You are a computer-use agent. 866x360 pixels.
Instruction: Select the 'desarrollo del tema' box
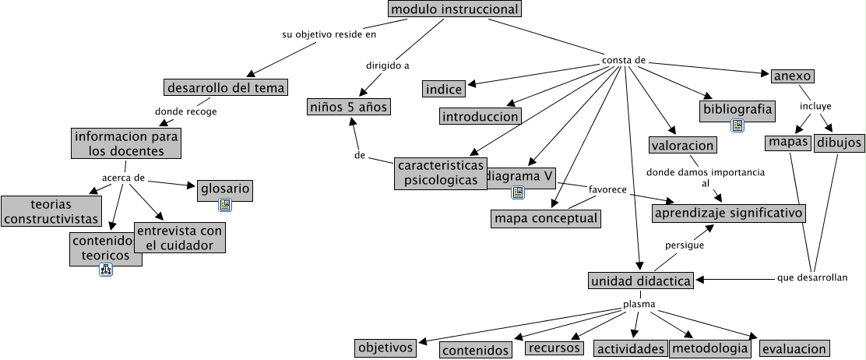[226, 86]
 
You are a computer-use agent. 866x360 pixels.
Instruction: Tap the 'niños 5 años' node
[347, 107]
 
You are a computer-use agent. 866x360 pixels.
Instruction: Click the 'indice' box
[444, 89]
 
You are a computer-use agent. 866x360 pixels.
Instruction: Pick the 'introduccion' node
[480, 117]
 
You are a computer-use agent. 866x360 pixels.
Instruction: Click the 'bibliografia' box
[738, 110]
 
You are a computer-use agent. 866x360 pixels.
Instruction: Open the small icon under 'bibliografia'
[738, 125]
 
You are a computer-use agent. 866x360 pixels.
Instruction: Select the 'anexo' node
[793, 76]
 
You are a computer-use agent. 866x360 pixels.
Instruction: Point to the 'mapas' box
[788, 143]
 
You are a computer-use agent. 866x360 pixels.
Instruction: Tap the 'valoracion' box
[682, 145]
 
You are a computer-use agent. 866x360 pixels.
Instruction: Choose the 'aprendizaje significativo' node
[728, 213]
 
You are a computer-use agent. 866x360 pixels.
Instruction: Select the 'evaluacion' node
[794, 348]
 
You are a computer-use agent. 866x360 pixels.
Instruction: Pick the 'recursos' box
[553, 348]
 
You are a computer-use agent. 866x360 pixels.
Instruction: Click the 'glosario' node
[225, 189]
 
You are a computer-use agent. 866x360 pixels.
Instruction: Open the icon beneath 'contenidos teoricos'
[106, 270]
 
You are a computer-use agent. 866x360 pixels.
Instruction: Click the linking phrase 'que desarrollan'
[811, 277]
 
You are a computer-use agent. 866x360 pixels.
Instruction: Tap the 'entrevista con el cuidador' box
[179, 238]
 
